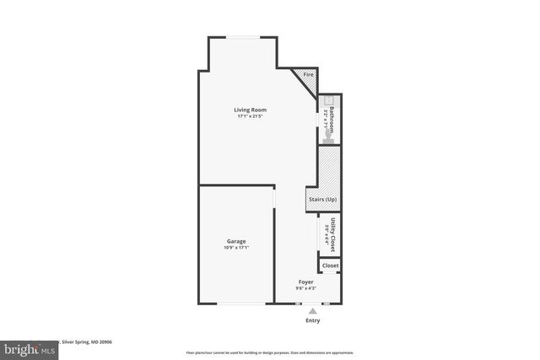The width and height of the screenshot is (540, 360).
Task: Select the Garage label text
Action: [x=236, y=241]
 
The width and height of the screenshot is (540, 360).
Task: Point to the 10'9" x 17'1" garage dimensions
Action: [x=236, y=248]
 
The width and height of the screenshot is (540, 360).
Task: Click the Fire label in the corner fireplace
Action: [x=308, y=75]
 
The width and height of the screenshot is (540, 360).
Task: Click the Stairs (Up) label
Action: [x=321, y=199]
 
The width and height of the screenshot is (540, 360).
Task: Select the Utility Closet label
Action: [x=332, y=234]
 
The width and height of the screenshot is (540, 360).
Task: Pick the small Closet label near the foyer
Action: [x=330, y=266]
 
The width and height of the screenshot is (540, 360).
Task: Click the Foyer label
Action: [x=306, y=282]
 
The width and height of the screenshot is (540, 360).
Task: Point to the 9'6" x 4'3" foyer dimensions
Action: [x=306, y=288]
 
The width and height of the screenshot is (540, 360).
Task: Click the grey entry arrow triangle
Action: [x=312, y=311]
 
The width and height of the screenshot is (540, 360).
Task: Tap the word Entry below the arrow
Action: [x=312, y=321]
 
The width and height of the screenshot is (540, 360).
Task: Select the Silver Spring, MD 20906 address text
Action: [x=89, y=342]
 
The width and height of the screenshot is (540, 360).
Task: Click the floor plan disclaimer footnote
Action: [x=270, y=352]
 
